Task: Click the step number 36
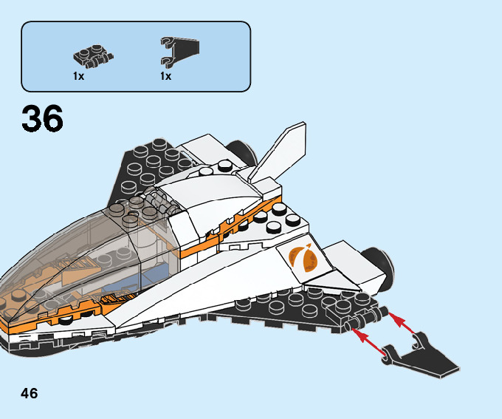pyautogui.click(x=43, y=120)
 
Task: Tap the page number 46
pyautogui.click(x=30, y=392)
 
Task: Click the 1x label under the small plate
pyautogui.click(x=78, y=76)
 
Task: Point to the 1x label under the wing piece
pyautogui.click(x=165, y=76)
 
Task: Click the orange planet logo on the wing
pyautogui.click(x=303, y=259)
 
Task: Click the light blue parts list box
pyautogui.click(x=136, y=55)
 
